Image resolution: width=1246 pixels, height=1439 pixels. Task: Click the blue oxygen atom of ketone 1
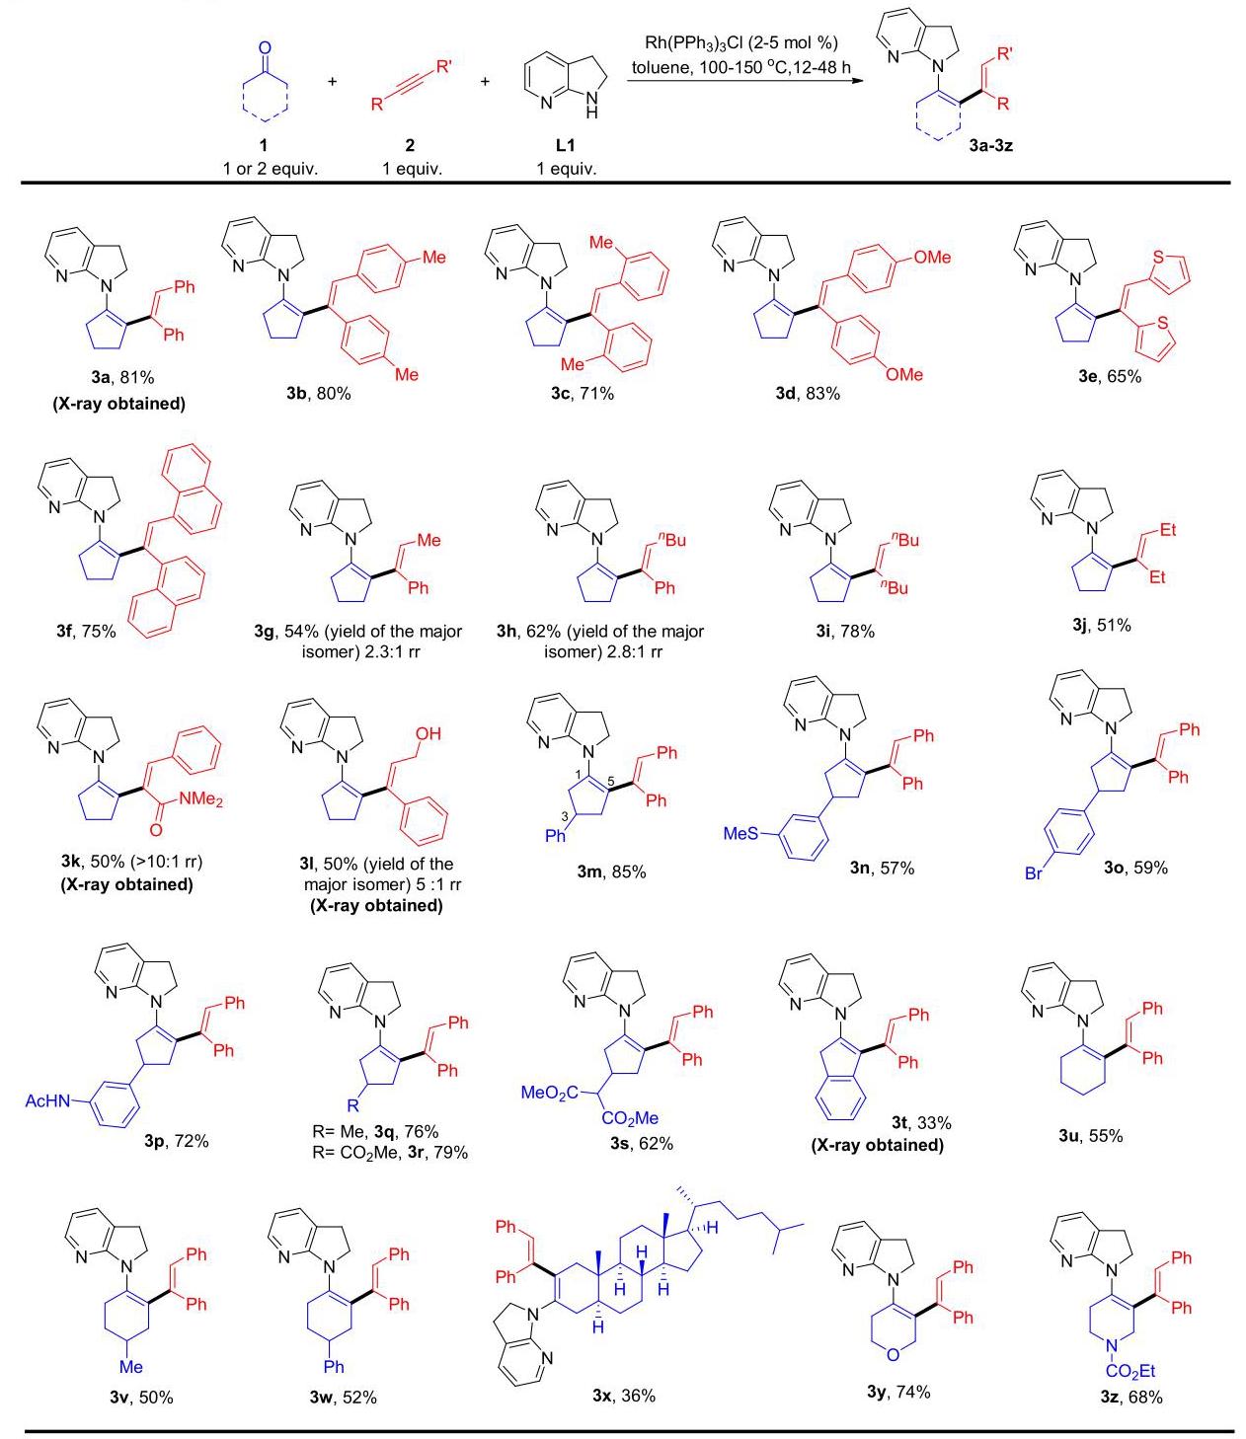(x=265, y=49)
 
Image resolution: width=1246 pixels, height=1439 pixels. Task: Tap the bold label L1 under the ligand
(x=565, y=145)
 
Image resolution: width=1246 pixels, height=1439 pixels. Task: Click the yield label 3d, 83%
(x=808, y=394)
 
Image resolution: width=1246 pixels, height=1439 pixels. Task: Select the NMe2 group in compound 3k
(x=200, y=799)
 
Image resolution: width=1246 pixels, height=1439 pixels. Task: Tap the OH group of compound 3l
(x=428, y=733)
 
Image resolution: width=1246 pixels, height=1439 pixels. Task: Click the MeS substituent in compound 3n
(x=741, y=833)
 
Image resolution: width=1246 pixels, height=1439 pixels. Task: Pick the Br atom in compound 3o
(x=1034, y=873)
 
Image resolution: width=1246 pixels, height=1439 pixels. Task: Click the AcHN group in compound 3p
(x=47, y=1100)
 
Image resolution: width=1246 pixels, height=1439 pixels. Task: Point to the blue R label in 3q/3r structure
(x=353, y=1104)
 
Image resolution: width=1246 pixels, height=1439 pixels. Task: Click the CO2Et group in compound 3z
(x=1130, y=1371)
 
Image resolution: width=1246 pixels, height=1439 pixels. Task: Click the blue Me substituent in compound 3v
(x=130, y=1367)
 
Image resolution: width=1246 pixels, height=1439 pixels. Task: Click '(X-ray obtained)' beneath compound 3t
(x=877, y=1145)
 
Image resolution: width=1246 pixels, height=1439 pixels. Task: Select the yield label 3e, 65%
(x=1110, y=377)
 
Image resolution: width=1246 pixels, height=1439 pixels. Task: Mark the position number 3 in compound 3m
(x=565, y=816)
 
